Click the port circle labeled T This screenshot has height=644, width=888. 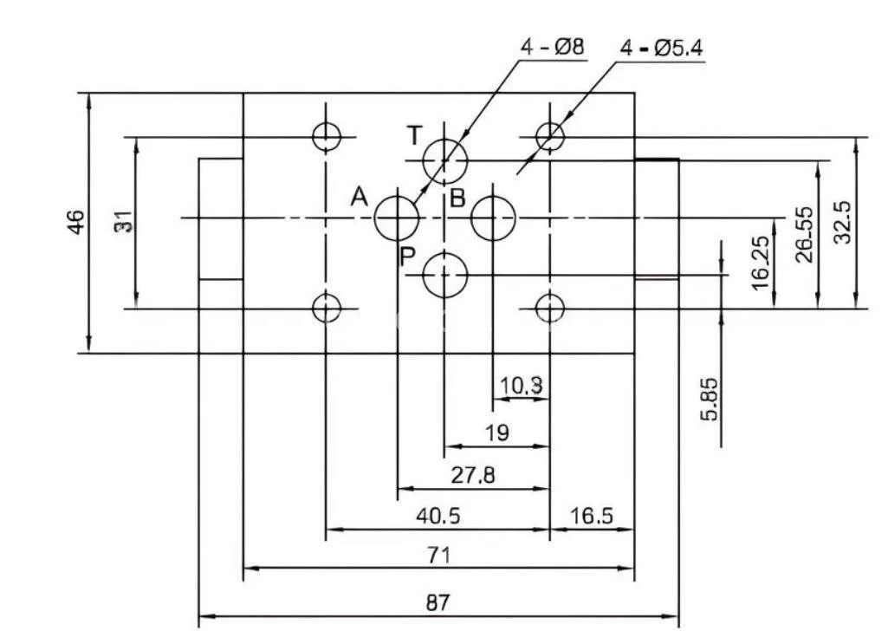click(x=444, y=160)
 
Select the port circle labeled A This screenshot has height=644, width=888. click(x=397, y=217)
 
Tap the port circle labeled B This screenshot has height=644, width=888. click(x=492, y=217)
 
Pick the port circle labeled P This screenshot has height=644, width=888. click(x=444, y=276)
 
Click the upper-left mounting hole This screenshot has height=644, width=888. click(x=326, y=136)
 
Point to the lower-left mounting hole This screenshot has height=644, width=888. click(x=326, y=308)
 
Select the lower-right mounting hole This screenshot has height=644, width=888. click(x=549, y=308)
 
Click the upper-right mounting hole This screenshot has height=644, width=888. click(x=549, y=136)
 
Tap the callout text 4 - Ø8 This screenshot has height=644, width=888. click(x=552, y=49)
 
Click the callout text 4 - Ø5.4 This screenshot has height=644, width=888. click(x=661, y=49)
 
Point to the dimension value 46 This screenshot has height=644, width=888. click(x=76, y=222)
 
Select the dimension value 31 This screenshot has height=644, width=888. click(x=125, y=222)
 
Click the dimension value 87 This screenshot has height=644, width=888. click(x=438, y=602)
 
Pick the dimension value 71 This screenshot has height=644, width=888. click(x=438, y=555)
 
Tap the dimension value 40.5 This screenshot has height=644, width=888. click(x=438, y=516)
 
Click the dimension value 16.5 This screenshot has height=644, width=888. click(x=592, y=516)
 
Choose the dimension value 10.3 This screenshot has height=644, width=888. click(x=522, y=386)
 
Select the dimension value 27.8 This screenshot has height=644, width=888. click(x=473, y=475)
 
